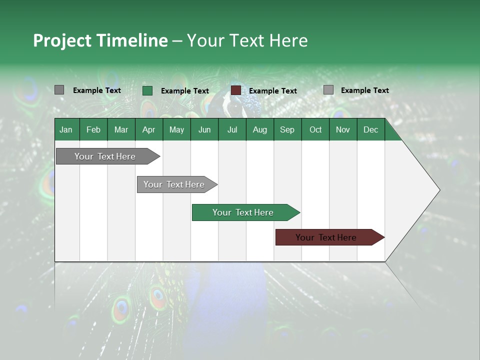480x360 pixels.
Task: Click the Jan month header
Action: click(66, 129)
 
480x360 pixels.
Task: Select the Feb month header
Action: click(93, 129)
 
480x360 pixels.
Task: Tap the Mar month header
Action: click(121, 129)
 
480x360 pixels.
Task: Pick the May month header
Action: click(176, 129)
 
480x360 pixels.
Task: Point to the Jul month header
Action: click(232, 129)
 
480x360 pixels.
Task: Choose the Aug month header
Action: click(259, 129)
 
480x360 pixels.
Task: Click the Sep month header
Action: click(287, 129)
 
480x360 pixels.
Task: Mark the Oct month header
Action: click(315, 129)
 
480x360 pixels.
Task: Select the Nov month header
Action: click(342, 129)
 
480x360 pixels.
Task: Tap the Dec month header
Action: click(370, 129)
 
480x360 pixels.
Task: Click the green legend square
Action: click(147, 90)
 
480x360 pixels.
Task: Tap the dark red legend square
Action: click(236, 90)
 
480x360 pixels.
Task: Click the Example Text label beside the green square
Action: click(185, 91)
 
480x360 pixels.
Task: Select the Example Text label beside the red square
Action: click(273, 91)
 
